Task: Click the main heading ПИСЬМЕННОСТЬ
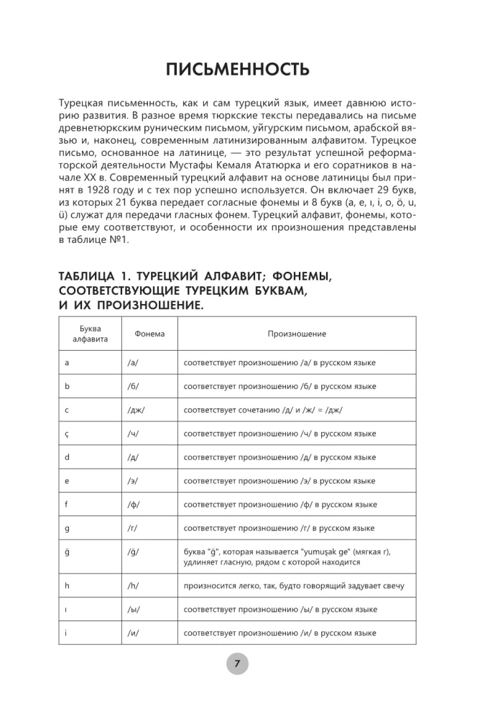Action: [237, 70]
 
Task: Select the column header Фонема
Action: [149, 334]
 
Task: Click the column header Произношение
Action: [297, 334]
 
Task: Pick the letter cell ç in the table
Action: [67, 434]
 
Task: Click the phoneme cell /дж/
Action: [136, 410]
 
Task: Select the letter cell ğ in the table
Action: [67, 551]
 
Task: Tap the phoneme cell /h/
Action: [133, 585]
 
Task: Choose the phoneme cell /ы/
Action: [134, 609]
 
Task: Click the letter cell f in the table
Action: [66, 504]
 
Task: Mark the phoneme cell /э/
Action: [133, 480]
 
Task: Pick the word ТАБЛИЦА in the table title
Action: [93, 278]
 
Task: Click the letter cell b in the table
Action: [67, 386]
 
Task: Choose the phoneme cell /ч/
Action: [133, 434]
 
